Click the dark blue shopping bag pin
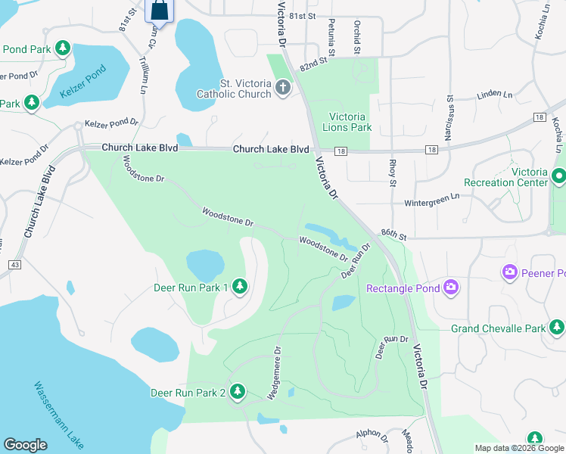(x=160, y=11)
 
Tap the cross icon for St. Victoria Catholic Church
(x=283, y=88)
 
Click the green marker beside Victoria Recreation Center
(x=559, y=176)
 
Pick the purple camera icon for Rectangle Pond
(x=452, y=287)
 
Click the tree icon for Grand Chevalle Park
(x=557, y=328)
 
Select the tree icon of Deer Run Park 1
(x=240, y=286)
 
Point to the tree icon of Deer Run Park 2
(x=238, y=391)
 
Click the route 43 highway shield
(x=14, y=264)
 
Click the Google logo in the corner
(x=26, y=444)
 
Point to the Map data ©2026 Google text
(x=518, y=447)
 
